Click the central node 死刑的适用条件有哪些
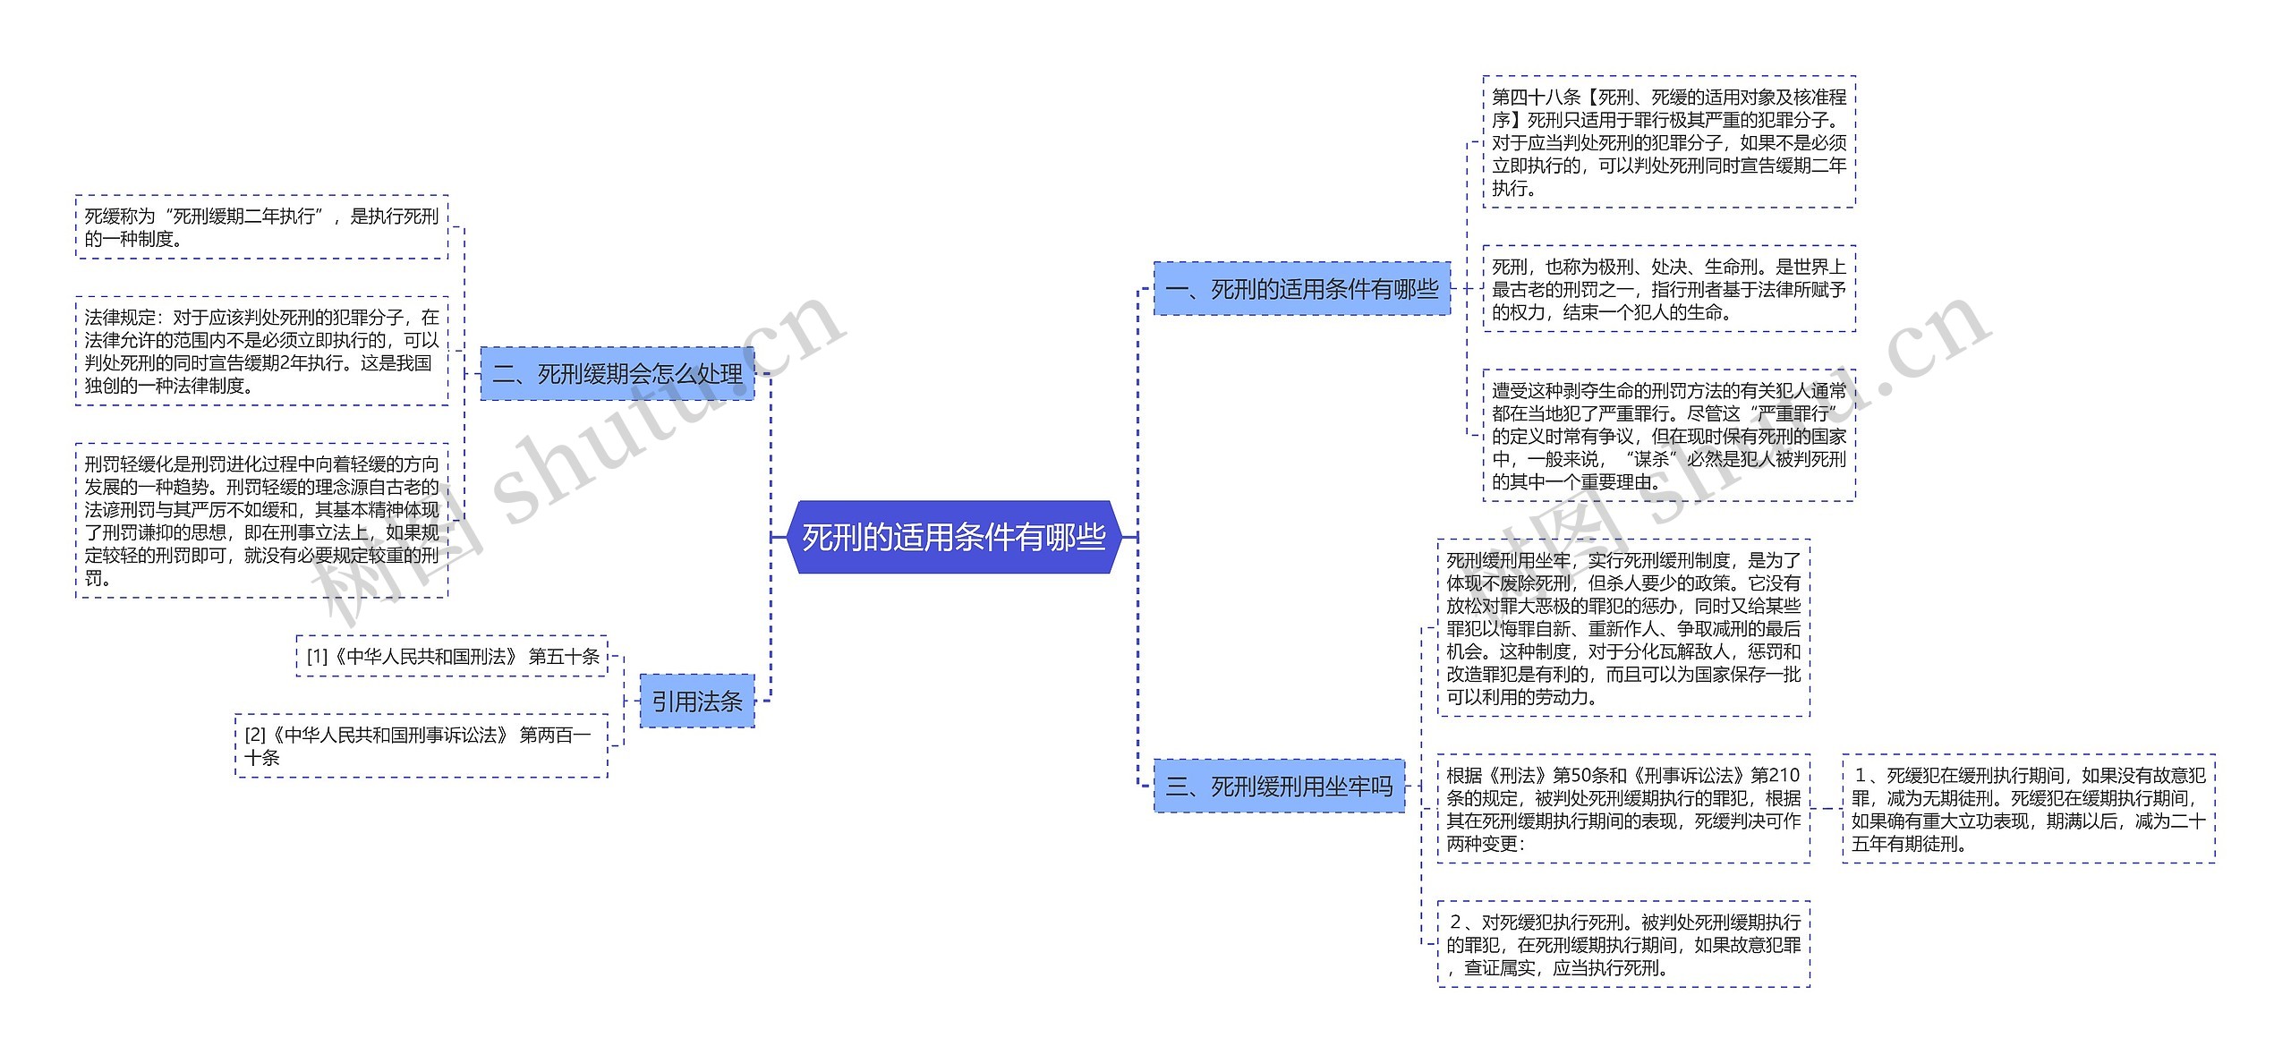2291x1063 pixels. [953, 537]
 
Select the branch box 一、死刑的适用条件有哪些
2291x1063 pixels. [1301, 289]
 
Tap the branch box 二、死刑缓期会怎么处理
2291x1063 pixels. [617, 374]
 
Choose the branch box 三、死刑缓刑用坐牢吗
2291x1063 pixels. [1279, 787]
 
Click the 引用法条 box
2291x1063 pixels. [696, 702]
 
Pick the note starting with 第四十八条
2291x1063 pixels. [1668, 142]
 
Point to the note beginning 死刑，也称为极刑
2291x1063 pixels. [1668, 289]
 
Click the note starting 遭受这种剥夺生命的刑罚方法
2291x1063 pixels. [1668, 436]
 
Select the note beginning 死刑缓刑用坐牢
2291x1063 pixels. [1622, 628]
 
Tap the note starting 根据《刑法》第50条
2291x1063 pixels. [1622, 809]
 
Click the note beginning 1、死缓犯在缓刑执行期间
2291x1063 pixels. [2028, 809]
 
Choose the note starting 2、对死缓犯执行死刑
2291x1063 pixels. [1622, 945]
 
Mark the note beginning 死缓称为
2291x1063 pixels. [261, 227]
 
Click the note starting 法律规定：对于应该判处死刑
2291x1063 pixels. [261, 351]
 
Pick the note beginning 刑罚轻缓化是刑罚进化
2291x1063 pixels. [261, 521]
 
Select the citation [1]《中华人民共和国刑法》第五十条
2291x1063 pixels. [452, 657]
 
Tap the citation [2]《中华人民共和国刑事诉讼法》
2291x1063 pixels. [421, 746]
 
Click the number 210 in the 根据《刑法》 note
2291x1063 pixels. [1784, 775]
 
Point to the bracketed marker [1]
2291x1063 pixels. [318, 657]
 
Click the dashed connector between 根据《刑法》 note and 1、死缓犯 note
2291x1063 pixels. [1826, 809]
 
